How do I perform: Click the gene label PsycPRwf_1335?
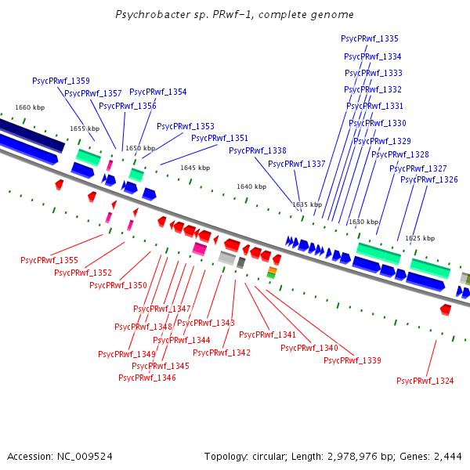pyautogui.click(x=370, y=38)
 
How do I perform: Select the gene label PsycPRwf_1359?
pyautogui.click(x=61, y=81)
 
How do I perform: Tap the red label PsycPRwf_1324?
pyautogui.click(x=425, y=381)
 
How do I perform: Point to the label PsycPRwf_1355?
pyautogui.click(x=49, y=260)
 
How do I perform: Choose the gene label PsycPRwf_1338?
pyautogui.click(x=258, y=150)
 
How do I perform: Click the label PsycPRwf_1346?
pyautogui.click(x=147, y=378)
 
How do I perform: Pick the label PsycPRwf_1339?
pyautogui.click(x=352, y=360)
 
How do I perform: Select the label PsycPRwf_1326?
pyautogui.click(x=429, y=180)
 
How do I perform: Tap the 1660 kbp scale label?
pyautogui.click(x=30, y=107)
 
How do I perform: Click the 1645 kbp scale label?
pyautogui.click(x=195, y=168)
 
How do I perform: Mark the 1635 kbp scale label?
pyautogui.click(x=307, y=204)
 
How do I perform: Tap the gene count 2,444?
pyautogui.click(x=446, y=456)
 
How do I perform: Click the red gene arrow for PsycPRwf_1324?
pyautogui.click(x=446, y=309)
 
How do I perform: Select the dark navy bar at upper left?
pyautogui.click(x=31, y=135)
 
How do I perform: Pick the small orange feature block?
pyautogui.click(x=272, y=269)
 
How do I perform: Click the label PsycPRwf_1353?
pyautogui.click(x=186, y=126)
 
